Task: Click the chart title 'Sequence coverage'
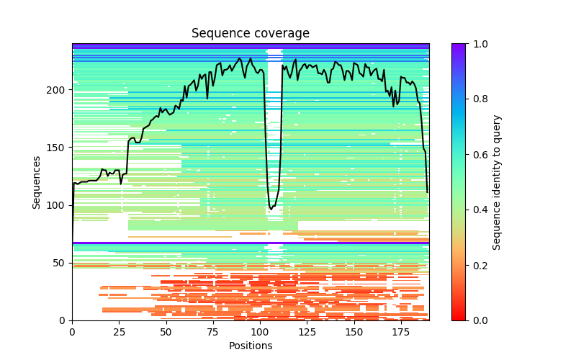pyautogui.click(x=250, y=34)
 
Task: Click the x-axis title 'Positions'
pyautogui.click(x=250, y=346)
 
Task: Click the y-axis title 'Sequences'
pyautogui.click(x=37, y=182)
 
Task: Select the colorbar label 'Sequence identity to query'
pyautogui.click(x=497, y=182)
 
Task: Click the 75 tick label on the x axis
pyautogui.click(x=213, y=332)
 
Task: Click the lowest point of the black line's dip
pyautogui.click(x=271, y=210)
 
